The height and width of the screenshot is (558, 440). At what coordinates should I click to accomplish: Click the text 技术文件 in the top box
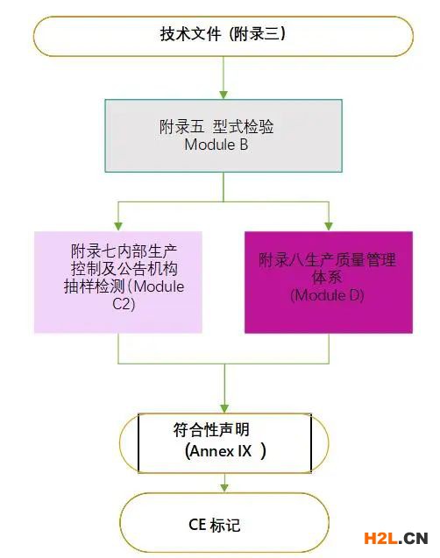(x=190, y=34)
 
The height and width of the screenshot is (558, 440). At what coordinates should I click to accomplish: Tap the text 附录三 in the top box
(x=257, y=34)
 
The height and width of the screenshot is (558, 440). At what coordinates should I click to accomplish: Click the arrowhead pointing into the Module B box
(x=224, y=95)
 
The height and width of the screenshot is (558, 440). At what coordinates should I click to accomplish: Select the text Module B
(x=216, y=145)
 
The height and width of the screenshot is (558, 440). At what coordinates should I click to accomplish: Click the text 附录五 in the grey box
(x=182, y=127)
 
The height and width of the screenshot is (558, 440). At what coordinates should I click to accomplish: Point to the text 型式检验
(x=244, y=127)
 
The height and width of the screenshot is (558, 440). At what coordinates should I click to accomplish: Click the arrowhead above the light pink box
(x=118, y=226)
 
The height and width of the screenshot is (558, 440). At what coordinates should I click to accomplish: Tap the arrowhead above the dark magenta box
(x=329, y=226)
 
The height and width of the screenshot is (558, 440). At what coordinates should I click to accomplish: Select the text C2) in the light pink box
(x=124, y=304)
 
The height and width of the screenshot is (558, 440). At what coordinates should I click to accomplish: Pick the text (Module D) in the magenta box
(x=327, y=295)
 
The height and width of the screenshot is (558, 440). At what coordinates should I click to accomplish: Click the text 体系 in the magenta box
(x=327, y=278)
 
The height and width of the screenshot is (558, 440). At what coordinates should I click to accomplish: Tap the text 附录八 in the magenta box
(x=281, y=260)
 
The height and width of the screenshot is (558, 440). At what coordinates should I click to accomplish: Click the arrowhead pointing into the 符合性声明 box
(x=224, y=408)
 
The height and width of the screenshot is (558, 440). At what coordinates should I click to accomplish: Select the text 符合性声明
(x=211, y=430)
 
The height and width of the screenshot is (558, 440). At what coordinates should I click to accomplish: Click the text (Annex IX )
(x=225, y=451)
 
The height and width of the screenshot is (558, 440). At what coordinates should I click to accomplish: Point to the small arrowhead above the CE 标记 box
(x=224, y=488)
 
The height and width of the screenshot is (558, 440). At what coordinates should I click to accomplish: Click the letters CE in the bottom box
(x=197, y=525)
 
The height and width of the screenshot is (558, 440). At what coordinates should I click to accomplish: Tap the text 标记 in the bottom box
(x=225, y=526)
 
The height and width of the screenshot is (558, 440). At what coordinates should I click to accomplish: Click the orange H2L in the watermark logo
(x=381, y=539)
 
